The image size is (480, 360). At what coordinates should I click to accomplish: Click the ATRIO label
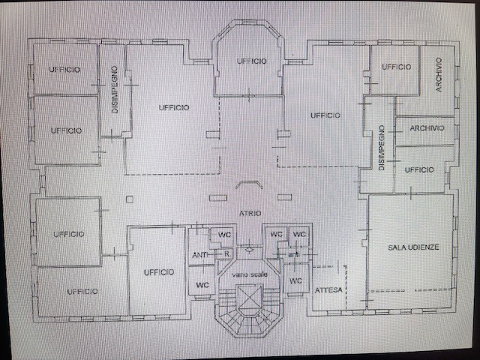[250, 214]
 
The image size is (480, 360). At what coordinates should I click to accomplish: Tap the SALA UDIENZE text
[413, 247]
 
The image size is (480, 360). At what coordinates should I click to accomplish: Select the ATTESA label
[328, 289]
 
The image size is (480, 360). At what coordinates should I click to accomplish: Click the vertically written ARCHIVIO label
[438, 75]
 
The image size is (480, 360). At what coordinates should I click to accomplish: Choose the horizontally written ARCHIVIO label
[427, 128]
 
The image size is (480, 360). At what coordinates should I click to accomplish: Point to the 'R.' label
[226, 254]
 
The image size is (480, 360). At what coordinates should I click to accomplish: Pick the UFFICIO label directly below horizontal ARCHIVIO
[418, 170]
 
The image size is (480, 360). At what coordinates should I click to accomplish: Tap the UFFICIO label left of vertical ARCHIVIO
[397, 67]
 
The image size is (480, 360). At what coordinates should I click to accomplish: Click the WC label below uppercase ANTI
[202, 285]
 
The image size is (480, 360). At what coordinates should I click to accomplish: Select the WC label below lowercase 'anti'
[295, 280]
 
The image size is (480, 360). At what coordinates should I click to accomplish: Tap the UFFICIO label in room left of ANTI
[159, 271]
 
